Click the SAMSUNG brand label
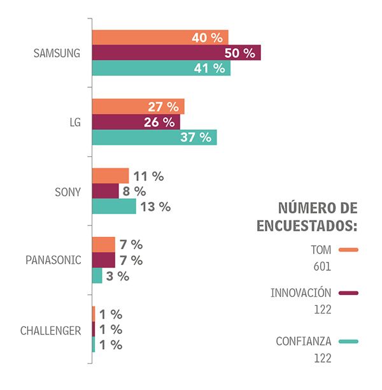[x=57, y=53]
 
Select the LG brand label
[x=74, y=122]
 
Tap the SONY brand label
[x=67, y=192]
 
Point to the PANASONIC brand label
[x=53, y=261]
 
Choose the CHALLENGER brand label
[x=50, y=330]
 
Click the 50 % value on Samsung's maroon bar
[x=239, y=53]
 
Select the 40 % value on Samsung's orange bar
[x=207, y=38]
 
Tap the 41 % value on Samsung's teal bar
[x=209, y=68]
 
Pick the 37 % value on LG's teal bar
[x=195, y=138]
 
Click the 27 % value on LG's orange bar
[x=163, y=107]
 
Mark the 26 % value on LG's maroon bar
[x=159, y=122]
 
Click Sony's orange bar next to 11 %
[x=111, y=176]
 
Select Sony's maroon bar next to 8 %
[x=106, y=191]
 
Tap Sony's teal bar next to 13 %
[x=114, y=206]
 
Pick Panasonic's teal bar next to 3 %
[x=97, y=275]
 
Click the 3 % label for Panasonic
[x=118, y=276]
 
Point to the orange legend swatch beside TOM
[x=349, y=250]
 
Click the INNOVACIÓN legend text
[x=301, y=293]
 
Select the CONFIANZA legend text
[x=304, y=342]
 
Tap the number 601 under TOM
[x=322, y=266]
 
